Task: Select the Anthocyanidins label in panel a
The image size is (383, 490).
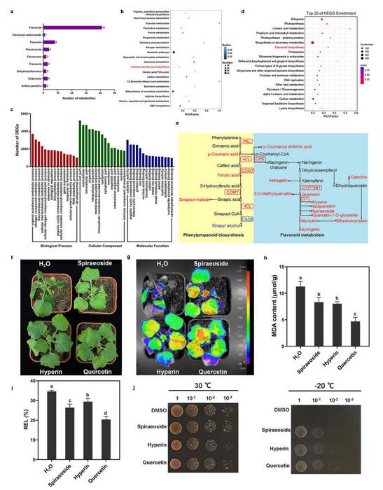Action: [30, 88]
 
